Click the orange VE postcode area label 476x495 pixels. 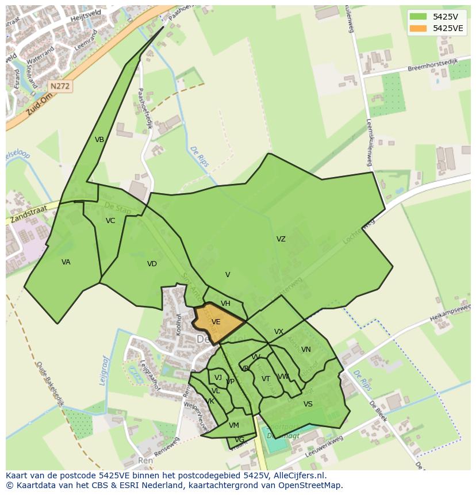(216, 322)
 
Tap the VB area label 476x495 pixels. (99, 140)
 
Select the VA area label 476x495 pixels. (66, 262)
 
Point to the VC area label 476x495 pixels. (110, 221)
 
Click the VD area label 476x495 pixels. (152, 264)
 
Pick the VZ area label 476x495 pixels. (281, 239)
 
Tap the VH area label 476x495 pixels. (225, 304)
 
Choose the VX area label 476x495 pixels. (279, 332)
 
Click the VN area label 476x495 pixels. (306, 350)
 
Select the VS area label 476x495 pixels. (308, 404)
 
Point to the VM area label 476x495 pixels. (234, 425)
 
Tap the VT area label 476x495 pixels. (266, 379)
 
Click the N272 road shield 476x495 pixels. (60, 86)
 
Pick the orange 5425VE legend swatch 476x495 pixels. (419, 28)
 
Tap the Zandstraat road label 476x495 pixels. (28, 216)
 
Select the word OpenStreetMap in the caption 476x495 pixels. (310, 485)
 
